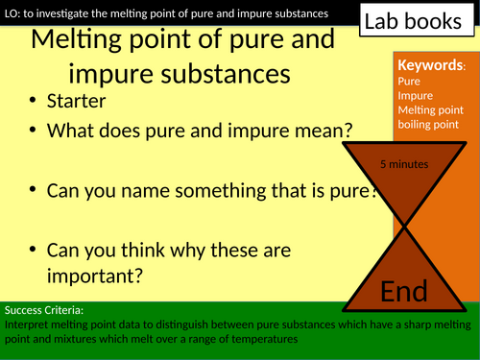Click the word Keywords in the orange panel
tap(428, 66)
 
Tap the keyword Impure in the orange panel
tap(414, 95)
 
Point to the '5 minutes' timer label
tap(404, 164)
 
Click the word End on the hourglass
tap(405, 291)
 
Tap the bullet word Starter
tap(80, 101)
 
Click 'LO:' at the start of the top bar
tap(12, 13)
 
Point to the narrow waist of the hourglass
tap(404, 228)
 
